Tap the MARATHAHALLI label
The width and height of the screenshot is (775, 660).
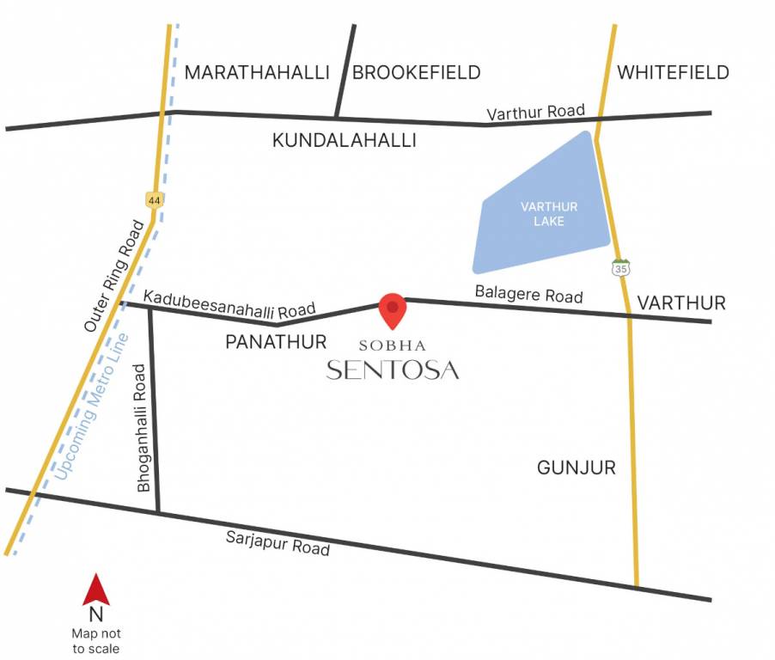pyautogui.click(x=257, y=72)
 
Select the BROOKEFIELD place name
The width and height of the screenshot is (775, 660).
pyautogui.click(x=417, y=72)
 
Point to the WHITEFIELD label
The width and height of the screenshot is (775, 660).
pyautogui.click(x=673, y=72)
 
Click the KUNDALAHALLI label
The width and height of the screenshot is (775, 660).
pyautogui.click(x=345, y=140)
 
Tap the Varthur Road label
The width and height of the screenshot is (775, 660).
pyautogui.click(x=535, y=113)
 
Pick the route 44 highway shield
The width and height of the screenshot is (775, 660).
pyautogui.click(x=154, y=199)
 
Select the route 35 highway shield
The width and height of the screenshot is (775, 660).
pyautogui.click(x=620, y=267)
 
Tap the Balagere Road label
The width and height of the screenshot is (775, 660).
pyautogui.click(x=528, y=294)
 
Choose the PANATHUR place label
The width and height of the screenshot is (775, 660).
pyautogui.click(x=276, y=342)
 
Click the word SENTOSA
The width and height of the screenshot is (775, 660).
pyautogui.click(x=393, y=370)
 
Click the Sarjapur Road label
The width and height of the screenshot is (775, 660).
pyautogui.click(x=278, y=542)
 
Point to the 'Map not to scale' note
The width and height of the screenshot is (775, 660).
pyautogui.click(x=95, y=641)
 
